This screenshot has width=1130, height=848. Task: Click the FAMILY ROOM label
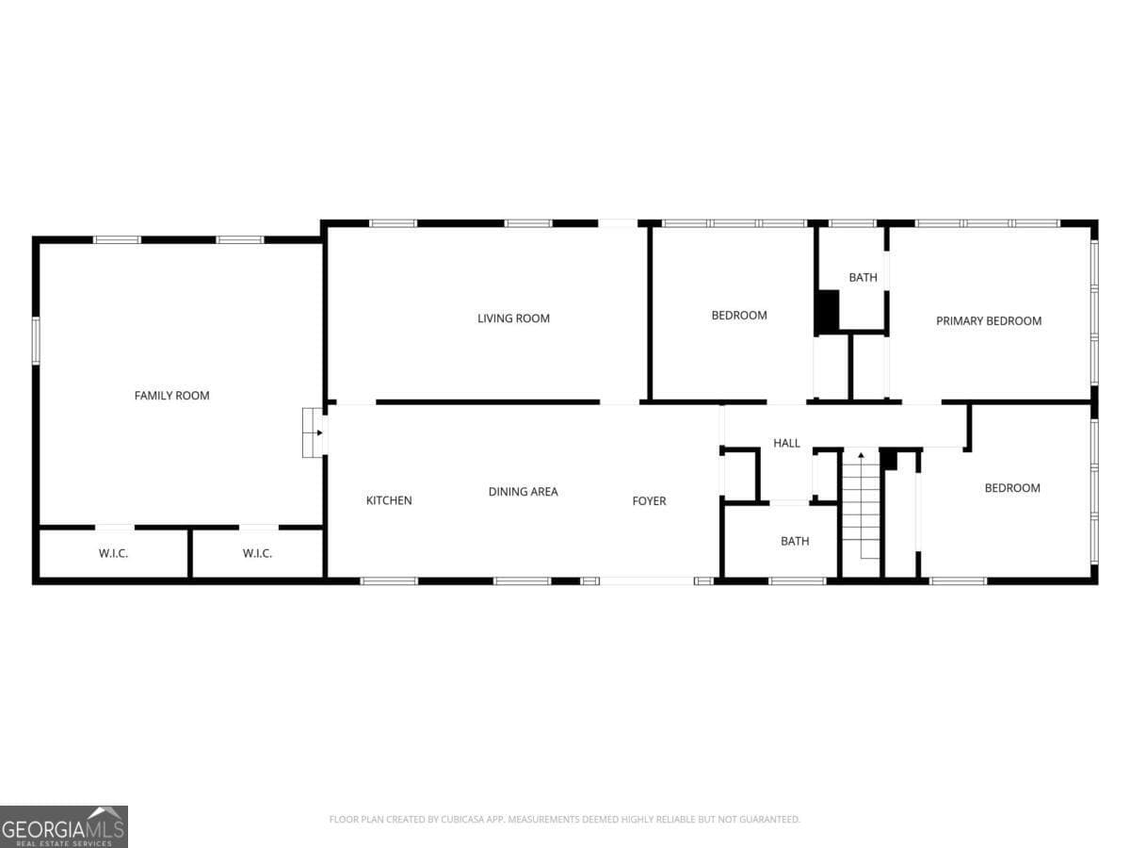(x=172, y=396)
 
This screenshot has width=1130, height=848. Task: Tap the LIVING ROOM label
(x=513, y=318)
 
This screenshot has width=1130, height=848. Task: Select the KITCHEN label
(x=389, y=500)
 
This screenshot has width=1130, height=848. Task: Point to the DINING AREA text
(x=523, y=492)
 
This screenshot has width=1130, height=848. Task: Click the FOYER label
(x=649, y=501)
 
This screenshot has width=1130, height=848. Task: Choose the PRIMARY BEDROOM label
(x=989, y=320)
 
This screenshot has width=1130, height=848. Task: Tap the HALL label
(x=786, y=443)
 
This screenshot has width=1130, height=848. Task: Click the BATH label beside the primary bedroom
(x=863, y=278)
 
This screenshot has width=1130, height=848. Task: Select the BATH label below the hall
(x=795, y=541)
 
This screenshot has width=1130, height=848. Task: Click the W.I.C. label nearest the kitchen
(x=257, y=553)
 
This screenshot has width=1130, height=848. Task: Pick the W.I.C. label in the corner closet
(x=113, y=553)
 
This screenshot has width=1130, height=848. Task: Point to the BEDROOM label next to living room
(x=739, y=315)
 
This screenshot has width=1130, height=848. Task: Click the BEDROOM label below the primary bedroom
(x=1012, y=488)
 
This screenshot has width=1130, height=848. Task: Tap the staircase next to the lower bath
(x=861, y=514)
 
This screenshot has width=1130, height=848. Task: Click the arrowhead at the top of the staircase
(x=861, y=455)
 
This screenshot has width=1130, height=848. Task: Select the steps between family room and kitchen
(x=313, y=432)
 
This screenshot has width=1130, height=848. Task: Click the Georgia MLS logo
(x=64, y=827)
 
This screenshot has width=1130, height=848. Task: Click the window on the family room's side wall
(x=36, y=341)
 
